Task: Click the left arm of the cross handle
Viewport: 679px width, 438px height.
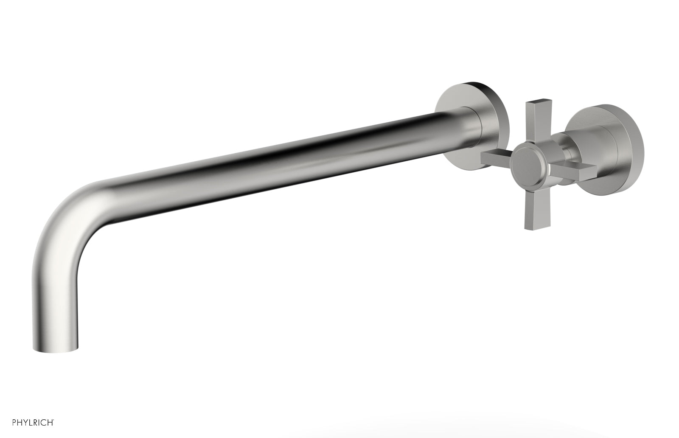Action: (497, 159)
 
